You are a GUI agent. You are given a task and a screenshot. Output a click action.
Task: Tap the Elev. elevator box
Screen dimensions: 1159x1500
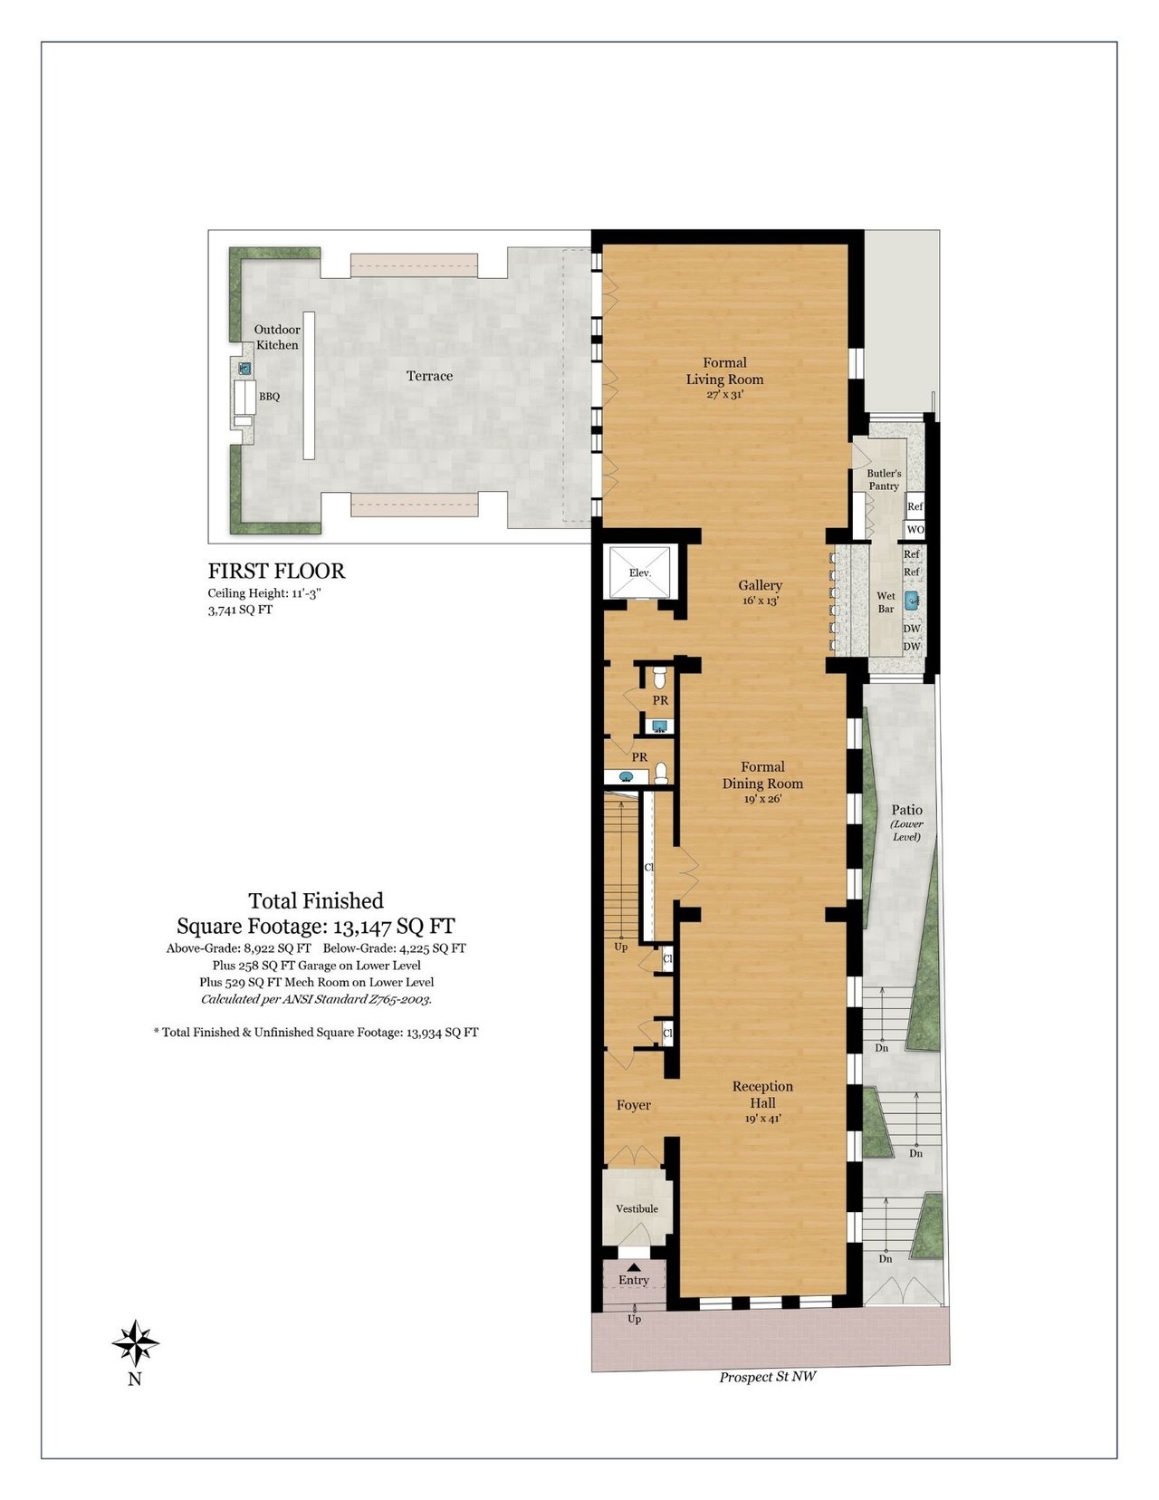639,573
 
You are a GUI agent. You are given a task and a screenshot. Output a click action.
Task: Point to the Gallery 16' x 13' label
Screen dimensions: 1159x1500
760,592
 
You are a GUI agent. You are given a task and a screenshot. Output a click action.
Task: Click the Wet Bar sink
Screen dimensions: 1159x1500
912,601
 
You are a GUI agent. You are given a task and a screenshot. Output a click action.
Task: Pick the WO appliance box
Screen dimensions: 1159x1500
915,530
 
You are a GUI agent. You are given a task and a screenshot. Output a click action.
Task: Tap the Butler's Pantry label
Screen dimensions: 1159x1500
885,480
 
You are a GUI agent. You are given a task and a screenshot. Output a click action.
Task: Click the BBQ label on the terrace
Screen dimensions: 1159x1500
269,397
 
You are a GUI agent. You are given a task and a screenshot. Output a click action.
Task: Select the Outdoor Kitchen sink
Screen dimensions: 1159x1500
244,369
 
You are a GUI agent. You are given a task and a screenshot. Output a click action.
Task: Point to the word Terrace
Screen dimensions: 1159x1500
429,376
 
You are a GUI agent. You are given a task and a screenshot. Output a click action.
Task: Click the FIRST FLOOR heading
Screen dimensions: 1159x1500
277,571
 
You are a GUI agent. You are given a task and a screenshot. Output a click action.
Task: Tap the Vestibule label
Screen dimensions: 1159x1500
637,1208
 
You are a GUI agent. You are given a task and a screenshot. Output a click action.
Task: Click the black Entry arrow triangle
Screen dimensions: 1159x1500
633,1266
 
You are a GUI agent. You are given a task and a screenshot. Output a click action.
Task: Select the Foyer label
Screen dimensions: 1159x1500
633,1105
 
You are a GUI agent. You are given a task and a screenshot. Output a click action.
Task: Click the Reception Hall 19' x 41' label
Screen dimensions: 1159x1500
762,1101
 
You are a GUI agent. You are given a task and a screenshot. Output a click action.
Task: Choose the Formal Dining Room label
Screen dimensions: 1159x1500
762,783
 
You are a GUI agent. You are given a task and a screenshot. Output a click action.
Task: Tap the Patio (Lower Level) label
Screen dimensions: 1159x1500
906,822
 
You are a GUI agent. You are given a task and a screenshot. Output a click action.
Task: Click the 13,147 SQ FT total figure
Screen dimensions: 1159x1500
395,926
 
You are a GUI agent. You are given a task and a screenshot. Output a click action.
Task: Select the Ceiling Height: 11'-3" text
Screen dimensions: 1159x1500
265,593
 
